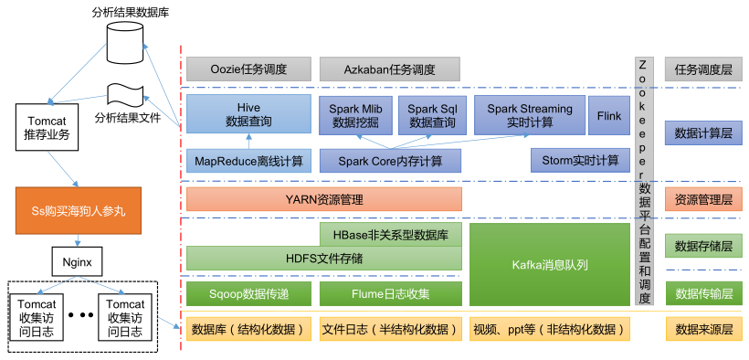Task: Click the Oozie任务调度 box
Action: click(x=248, y=69)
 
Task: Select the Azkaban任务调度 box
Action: click(x=390, y=69)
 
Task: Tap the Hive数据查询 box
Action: click(x=248, y=114)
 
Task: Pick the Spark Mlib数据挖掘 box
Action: click(x=355, y=115)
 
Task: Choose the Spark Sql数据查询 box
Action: click(x=432, y=115)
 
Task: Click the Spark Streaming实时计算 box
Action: click(x=530, y=115)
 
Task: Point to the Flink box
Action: click(x=609, y=115)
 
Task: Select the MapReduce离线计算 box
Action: click(x=248, y=161)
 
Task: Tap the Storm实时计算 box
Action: click(x=580, y=160)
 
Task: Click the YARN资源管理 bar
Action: click(x=324, y=199)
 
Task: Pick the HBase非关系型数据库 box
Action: click(x=391, y=234)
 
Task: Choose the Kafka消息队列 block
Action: click(x=550, y=264)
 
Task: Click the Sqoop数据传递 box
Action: click(x=248, y=293)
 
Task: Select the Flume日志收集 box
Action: click(x=391, y=293)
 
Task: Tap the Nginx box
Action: click(x=77, y=261)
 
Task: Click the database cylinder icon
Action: click(x=124, y=42)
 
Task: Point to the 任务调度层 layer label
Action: click(x=703, y=69)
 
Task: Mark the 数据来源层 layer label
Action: click(x=703, y=328)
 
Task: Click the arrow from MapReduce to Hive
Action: click(x=248, y=142)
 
